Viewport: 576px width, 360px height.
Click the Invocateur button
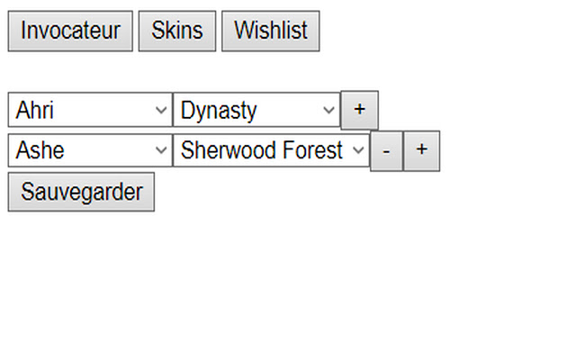[x=70, y=31]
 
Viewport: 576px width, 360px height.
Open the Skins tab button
[x=176, y=31]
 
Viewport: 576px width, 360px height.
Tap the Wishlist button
[x=270, y=31]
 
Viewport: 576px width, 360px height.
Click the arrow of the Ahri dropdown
[x=161, y=111]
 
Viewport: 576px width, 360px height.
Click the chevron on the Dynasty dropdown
[x=328, y=111]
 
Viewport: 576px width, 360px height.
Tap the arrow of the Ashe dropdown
[x=161, y=150]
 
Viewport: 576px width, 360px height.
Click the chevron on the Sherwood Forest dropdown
[x=358, y=150]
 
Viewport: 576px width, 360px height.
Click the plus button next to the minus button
[x=421, y=150]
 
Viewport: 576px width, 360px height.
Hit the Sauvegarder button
[x=81, y=193]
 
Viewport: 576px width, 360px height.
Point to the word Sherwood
[x=225, y=150]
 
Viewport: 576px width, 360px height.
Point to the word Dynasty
[x=219, y=111]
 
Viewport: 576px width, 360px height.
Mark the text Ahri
[x=35, y=111]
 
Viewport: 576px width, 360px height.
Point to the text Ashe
[x=40, y=150]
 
